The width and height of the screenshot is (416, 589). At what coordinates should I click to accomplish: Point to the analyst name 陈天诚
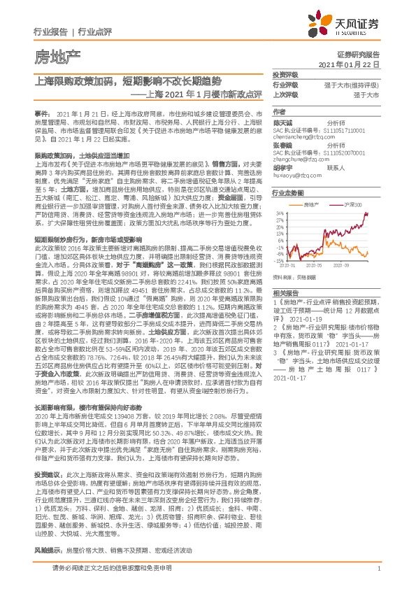(x=282, y=123)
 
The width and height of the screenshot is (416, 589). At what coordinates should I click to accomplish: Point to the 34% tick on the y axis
(x=280, y=213)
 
